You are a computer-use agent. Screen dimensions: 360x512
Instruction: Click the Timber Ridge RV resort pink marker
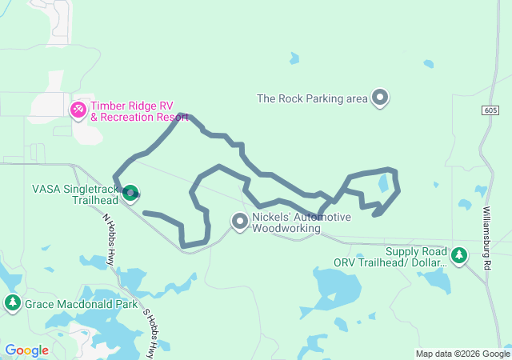pos(79,110)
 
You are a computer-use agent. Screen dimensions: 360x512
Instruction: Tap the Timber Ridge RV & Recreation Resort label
pos(139,111)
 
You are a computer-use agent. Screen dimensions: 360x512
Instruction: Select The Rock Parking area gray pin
pos(380,98)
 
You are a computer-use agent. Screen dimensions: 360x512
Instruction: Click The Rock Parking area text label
pos(312,99)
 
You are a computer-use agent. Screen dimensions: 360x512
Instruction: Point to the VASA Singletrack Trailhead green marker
pos(130,192)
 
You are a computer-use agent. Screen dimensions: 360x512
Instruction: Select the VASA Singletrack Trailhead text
pos(74,194)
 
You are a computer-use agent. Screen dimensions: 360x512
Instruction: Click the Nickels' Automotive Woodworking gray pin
pos(240,221)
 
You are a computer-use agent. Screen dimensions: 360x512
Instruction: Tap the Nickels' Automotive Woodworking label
pos(301,222)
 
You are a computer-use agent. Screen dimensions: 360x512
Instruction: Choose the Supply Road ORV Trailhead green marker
pos(458,255)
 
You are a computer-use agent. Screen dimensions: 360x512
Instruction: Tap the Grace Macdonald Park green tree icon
pos(12,302)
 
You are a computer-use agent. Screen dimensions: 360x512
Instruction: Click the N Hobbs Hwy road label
pos(110,241)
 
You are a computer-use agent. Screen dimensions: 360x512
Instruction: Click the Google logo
pos(26,350)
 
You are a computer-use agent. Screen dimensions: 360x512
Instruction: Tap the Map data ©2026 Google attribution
pos(462,354)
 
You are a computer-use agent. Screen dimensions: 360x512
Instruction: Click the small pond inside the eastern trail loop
pos(384,183)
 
